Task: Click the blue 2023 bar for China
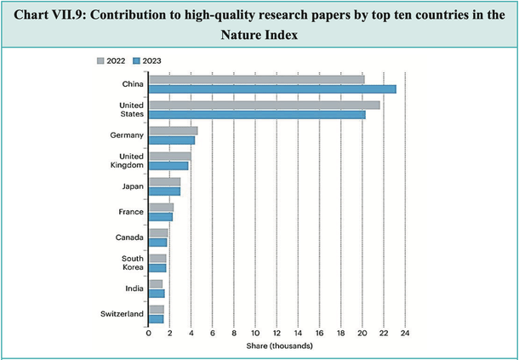272,89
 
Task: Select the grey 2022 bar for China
257,80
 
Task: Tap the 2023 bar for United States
257,114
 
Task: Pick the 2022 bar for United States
265,105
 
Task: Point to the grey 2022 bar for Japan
165,182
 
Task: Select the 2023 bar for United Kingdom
168,166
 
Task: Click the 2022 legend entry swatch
101,60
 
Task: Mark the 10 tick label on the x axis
255,333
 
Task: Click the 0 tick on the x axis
149,333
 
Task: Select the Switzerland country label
122,314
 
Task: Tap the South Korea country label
131,263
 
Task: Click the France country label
131,212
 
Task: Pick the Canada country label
128,237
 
